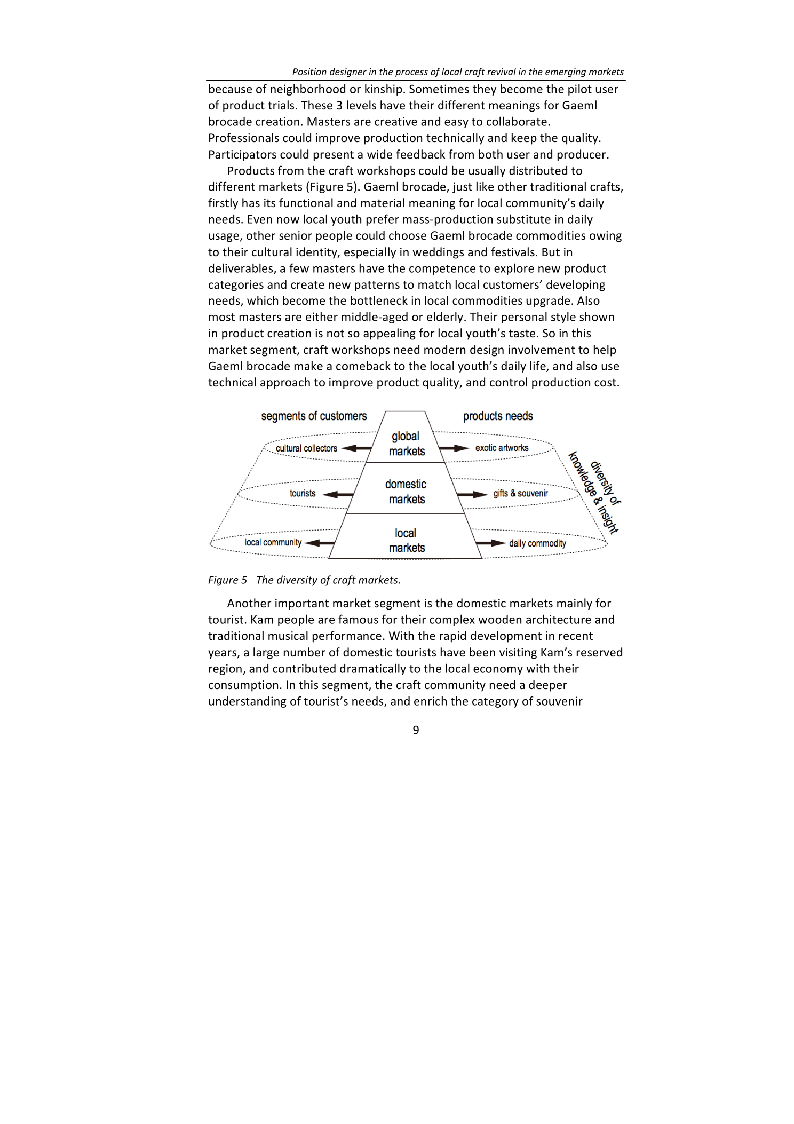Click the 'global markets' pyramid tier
coord(406,444)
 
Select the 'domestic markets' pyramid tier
coord(406,492)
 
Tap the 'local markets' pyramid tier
coord(406,540)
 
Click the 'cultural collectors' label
coord(306,448)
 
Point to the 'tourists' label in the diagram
coord(303,493)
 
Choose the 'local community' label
coord(273,542)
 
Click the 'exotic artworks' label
coord(502,448)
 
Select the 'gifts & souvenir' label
coord(520,493)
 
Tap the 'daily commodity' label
coord(537,543)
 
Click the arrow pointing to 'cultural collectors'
coord(356,448)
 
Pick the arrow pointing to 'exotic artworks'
coord(454,448)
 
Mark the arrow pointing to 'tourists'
coord(338,494)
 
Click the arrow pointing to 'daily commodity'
coord(490,543)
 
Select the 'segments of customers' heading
coord(314,416)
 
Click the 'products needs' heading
coord(498,416)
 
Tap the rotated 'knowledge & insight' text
coord(592,494)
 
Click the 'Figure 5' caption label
coord(227,580)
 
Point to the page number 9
coord(416,730)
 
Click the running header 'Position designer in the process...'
coord(458,72)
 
